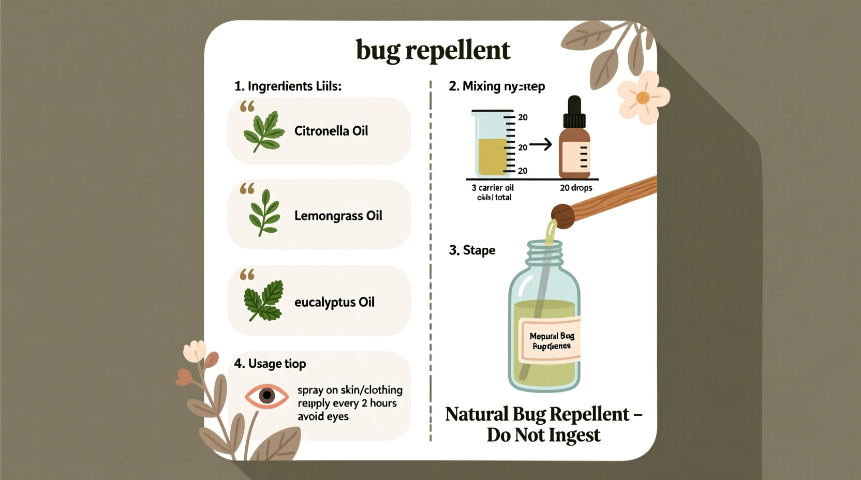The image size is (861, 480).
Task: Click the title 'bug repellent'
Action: pyautogui.click(x=433, y=51)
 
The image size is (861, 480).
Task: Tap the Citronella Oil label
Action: pyautogui.click(x=331, y=131)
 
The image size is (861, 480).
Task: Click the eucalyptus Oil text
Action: pyautogui.click(x=334, y=302)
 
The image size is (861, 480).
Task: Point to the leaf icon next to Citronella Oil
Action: pyautogui.click(x=264, y=131)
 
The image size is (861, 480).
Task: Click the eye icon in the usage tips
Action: pyautogui.click(x=266, y=396)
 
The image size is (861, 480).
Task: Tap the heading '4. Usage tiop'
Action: pyautogui.click(x=270, y=364)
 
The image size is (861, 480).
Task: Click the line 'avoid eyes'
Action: pyautogui.click(x=323, y=416)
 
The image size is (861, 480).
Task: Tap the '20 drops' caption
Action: pyautogui.click(x=576, y=188)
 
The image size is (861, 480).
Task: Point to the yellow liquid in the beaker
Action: pyautogui.click(x=492, y=156)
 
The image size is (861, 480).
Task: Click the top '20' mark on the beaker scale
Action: pyautogui.click(x=523, y=117)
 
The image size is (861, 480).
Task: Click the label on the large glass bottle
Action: pyautogui.click(x=551, y=341)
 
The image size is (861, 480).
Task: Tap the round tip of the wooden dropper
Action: pyautogui.click(x=562, y=215)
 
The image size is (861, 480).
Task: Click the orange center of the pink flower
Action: pyautogui.click(x=643, y=97)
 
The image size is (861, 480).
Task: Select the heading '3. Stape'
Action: pyautogui.click(x=472, y=250)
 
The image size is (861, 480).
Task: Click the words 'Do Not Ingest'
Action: pyautogui.click(x=543, y=435)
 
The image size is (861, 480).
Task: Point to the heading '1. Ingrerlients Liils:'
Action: pyautogui.click(x=288, y=86)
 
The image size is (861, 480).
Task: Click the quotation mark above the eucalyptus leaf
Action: pyautogui.click(x=247, y=274)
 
